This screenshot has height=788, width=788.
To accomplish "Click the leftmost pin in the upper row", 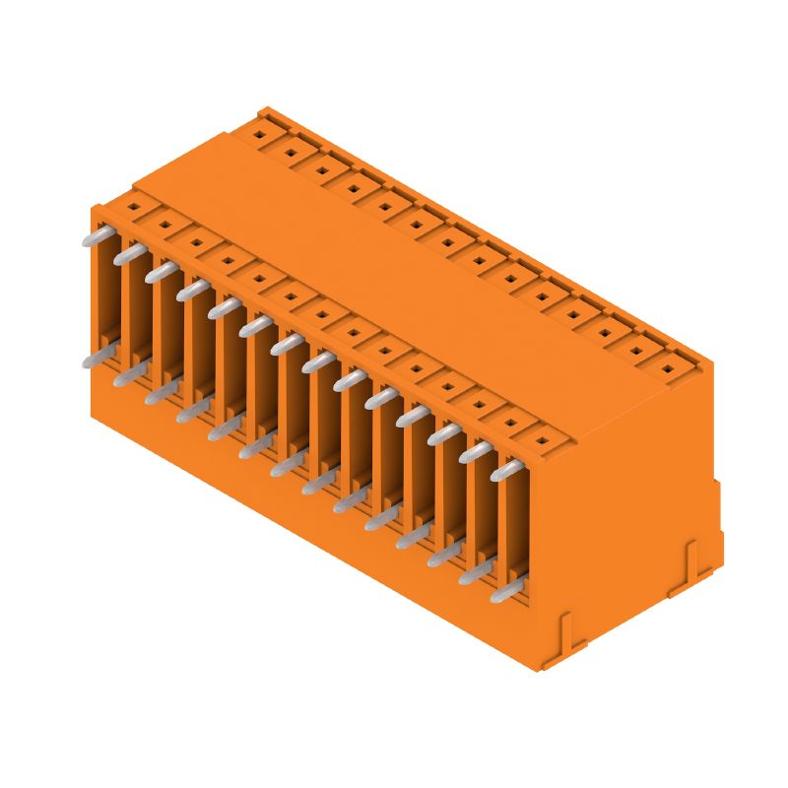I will coord(96,235).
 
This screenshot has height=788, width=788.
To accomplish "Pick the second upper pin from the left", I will coord(129,254).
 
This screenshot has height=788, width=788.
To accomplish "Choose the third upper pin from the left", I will coord(162,272).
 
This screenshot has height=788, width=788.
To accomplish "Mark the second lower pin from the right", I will coord(476,571).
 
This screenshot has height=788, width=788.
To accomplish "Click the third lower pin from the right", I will coord(444,555).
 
